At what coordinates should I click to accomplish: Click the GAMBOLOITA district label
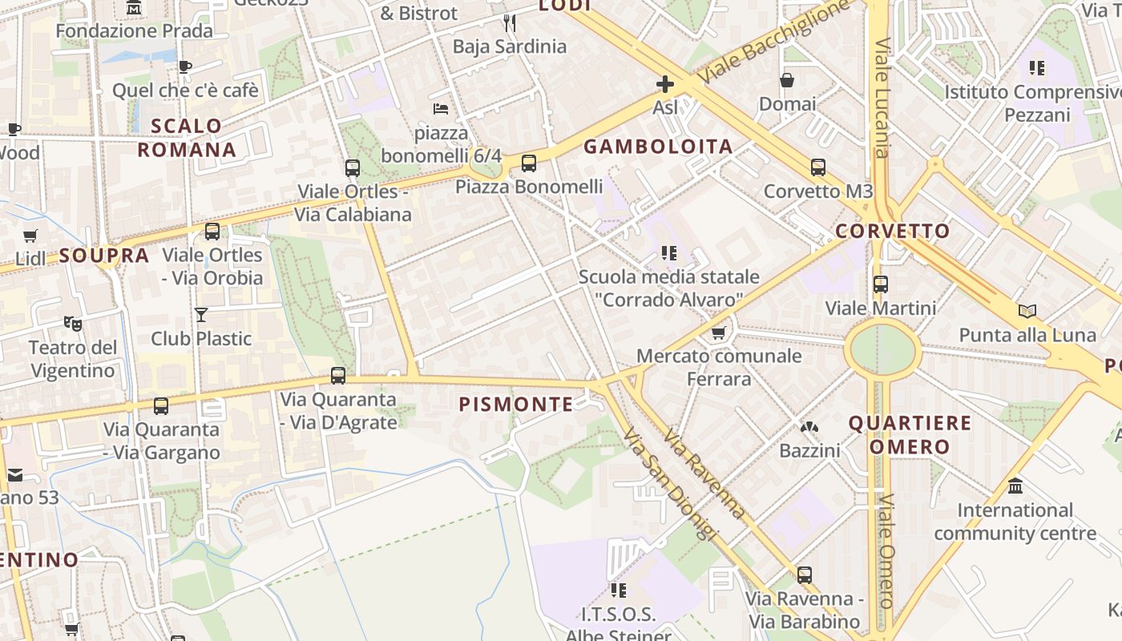658,147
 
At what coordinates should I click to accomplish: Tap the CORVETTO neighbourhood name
892,232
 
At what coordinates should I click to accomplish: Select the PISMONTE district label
516,405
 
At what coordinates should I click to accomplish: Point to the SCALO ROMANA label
186,138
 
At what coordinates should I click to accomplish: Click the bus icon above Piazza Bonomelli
529,163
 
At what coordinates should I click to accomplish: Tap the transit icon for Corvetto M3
817,167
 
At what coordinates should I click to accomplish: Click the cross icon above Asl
664,84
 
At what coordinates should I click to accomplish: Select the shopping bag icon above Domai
787,80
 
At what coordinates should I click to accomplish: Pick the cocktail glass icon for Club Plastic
201,315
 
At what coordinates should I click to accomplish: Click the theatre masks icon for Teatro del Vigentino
73,324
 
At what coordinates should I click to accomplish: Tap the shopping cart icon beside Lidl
30,236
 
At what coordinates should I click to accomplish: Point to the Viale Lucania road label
882,98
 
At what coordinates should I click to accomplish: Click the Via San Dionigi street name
668,485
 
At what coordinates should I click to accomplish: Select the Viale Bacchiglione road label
773,41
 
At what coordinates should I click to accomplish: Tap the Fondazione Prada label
135,31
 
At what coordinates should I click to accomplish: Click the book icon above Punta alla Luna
1027,311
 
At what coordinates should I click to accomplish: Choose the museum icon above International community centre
1015,486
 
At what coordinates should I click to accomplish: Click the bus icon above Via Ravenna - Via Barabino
805,574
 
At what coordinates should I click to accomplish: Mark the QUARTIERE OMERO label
910,434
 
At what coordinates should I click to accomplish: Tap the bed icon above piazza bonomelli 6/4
440,108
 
